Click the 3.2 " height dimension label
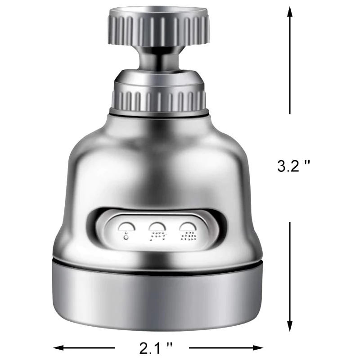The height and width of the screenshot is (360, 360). pos(294,166)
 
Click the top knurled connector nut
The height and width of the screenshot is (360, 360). pos(159,27)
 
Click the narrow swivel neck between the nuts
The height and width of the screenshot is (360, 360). pos(159,60)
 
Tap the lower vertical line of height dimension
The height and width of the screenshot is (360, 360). pos(290,274)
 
